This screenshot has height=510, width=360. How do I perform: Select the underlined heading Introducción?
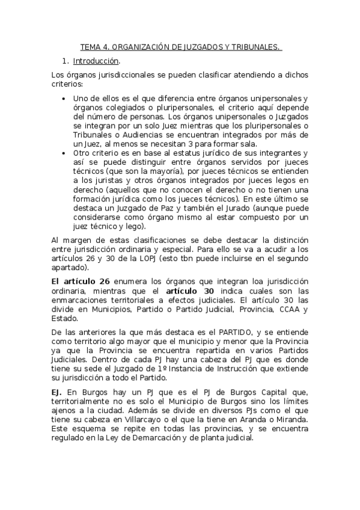click(x=96, y=61)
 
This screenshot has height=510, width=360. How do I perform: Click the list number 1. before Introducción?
click(x=66, y=61)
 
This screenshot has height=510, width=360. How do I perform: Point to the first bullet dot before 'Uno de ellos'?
click(x=64, y=99)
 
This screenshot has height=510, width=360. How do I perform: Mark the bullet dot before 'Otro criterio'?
click(x=64, y=153)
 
